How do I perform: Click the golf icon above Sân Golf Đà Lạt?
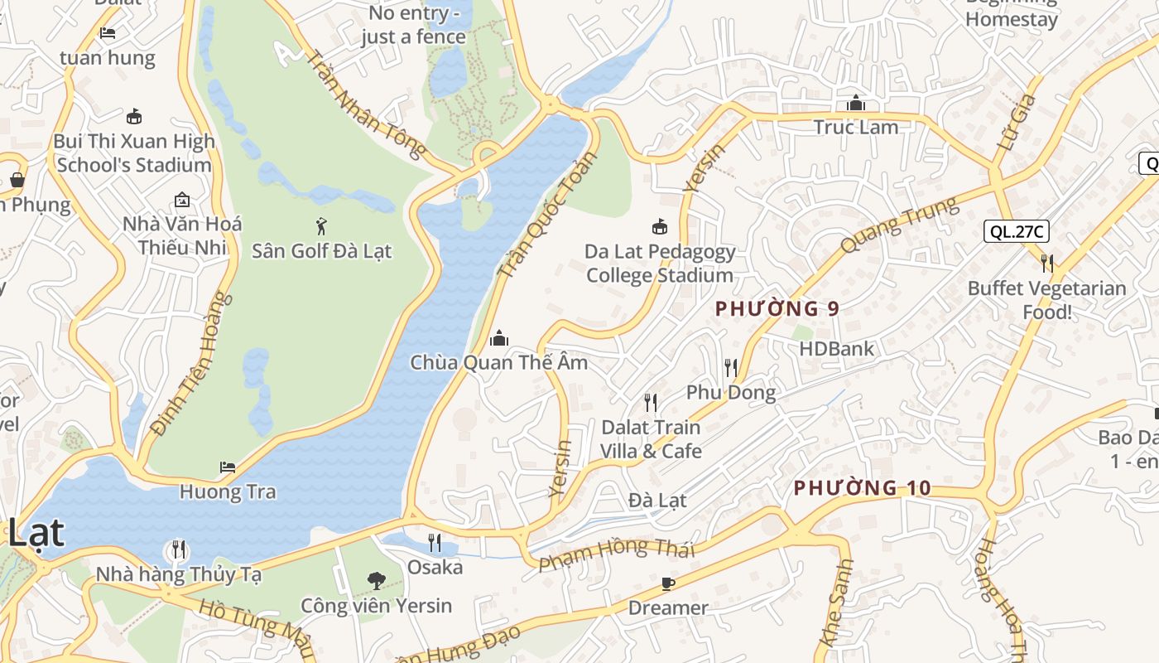(321, 225)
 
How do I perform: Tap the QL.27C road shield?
(1017, 231)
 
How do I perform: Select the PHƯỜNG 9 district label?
(777, 309)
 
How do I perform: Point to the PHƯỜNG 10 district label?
(863, 488)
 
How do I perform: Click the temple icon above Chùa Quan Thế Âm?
(499, 338)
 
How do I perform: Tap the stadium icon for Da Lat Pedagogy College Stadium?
(660, 226)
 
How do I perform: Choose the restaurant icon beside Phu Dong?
(730, 367)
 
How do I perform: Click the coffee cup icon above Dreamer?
(668, 584)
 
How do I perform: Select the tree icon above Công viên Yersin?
(377, 580)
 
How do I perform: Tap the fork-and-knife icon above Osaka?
(435, 543)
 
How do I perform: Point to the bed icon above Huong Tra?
(228, 467)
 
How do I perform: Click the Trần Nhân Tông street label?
(365, 104)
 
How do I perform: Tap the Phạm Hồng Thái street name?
(617, 554)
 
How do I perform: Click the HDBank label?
(836, 348)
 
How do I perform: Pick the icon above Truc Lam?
(856, 104)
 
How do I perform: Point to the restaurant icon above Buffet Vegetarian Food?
(1047, 264)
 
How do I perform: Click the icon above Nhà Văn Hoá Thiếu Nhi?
(182, 200)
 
